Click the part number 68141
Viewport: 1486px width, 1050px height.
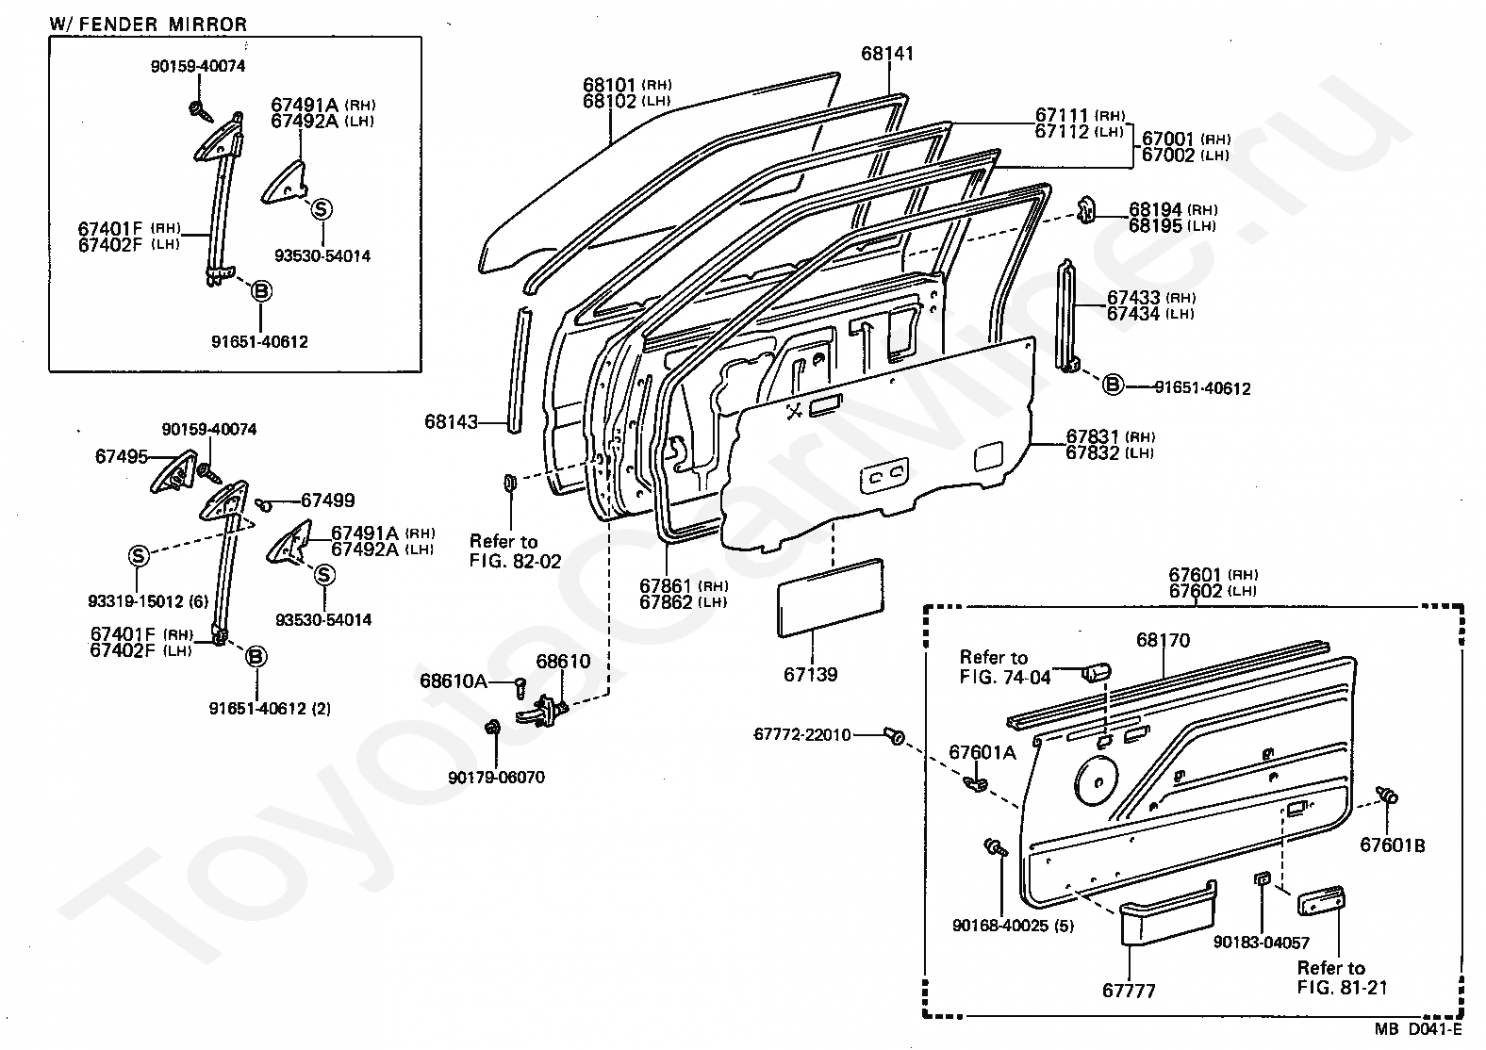tap(887, 54)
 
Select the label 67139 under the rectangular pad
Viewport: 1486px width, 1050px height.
tap(810, 675)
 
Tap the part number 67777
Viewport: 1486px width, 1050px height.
tap(1128, 991)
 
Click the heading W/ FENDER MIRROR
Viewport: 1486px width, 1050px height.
tap(148, 24)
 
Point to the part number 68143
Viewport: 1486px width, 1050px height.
tap(451, 422)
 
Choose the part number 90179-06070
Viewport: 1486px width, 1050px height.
tap(497, 778)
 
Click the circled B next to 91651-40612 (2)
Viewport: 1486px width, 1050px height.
tap(256, 657)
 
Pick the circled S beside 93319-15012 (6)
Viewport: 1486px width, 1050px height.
tap(139, 555)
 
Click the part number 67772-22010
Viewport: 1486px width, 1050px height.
tap(802, 734)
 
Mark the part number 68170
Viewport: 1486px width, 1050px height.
tap(1163, 641)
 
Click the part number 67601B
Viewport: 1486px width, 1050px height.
tap(1392, 845)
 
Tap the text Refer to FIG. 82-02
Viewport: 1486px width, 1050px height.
tap(515, 551)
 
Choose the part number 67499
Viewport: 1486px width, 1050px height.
tap(327, 501)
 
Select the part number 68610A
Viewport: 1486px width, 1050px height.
tap(454, 681)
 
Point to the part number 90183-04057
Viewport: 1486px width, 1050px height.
tap(1261, 942)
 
